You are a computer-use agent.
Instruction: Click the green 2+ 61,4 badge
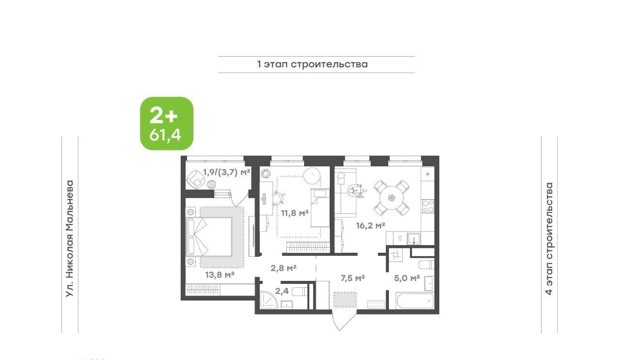(x=167, y=124)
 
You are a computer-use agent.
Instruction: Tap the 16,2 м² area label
(x=371, y=225)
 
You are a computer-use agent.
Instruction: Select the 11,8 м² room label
(x=295, y=213)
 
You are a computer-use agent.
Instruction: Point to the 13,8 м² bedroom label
(x=220, y=275)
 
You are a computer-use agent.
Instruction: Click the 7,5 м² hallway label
(x=352, y=278)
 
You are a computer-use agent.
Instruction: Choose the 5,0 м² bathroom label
(x=407, y=278)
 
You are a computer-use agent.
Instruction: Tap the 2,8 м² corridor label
(x=283, y=268)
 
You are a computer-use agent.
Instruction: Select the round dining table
(x=392, y=198)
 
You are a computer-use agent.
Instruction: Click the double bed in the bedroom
(x=210, y=237)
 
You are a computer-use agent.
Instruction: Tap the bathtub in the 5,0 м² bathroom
(x=415, y=300)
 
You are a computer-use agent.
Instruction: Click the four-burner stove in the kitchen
(x=428, y=206)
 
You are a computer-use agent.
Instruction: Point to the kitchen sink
(x=414, y=239)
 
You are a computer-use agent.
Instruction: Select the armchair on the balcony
(x=195, y=179)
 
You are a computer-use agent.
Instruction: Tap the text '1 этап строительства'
(x=312, y=64)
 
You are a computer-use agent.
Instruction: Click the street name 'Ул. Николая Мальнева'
(x=70, y=239)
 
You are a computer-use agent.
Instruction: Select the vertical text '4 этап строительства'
(x=549, y=239)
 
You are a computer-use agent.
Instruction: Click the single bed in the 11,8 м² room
(x=320, y=208)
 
